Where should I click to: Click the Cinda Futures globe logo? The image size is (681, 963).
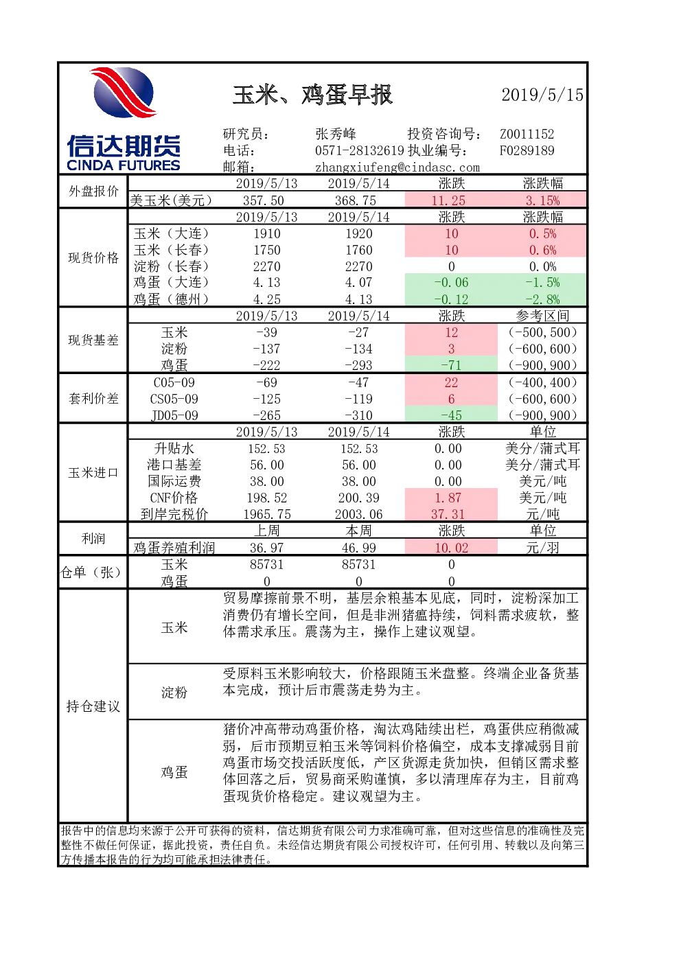(x=124, y=93)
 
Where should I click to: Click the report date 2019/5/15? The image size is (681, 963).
(x=542, y=95)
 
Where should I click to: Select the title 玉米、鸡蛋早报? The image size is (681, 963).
(x=312, y=95)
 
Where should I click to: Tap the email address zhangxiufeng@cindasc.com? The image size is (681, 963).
(x=397, y=167)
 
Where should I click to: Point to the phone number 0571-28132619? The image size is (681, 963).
(x=360, y=150)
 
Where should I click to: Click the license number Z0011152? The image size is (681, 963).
(x=527, y=134)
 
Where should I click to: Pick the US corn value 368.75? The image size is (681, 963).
(x=356, y=200)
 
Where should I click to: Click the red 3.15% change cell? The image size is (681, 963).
(x=542, y=200)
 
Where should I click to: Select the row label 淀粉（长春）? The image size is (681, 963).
(x=171, y=266)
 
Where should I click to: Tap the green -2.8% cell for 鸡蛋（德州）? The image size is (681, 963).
(x=542, y=299)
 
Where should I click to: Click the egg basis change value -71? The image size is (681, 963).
(x=451, y=365)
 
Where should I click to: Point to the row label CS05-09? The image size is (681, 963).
(x=174, y=399)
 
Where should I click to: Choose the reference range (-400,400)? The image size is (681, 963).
(x=542, y=382)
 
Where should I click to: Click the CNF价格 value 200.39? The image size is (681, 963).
(x=359, y=498)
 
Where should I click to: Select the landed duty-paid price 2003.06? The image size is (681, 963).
(x=359, y=514)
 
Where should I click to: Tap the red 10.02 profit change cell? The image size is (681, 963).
(x=451, y=548)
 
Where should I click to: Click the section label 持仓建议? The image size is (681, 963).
(x=93, y=706)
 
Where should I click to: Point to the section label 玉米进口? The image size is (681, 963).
(x=93, y=473)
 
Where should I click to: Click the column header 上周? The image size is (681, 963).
(x=267, y=531)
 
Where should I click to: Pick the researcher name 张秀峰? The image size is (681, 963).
(x=336, y=134)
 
